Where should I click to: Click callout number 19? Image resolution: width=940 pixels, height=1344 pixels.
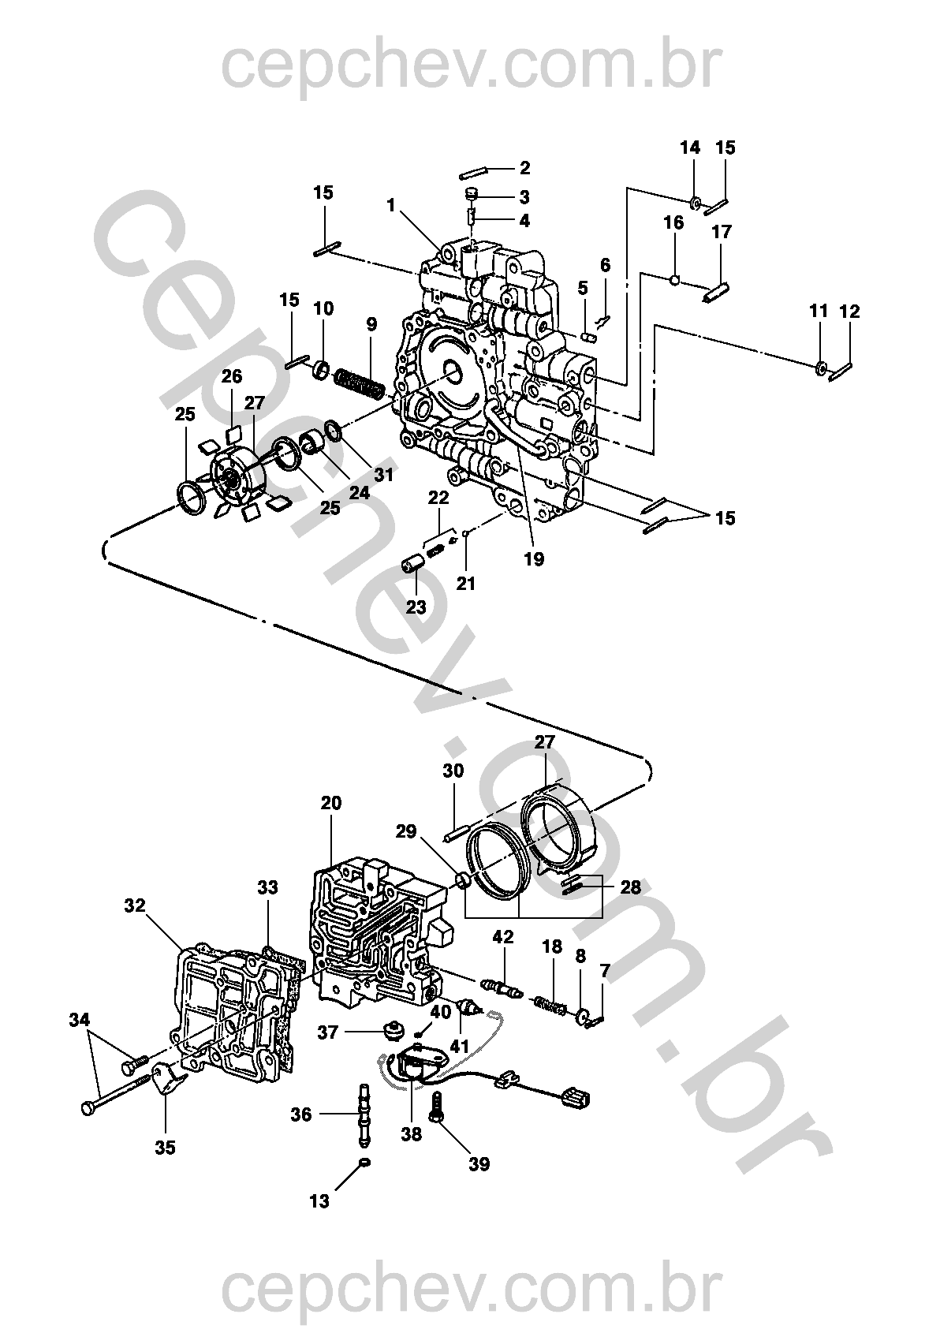pyautogui.click(x=534, y=559)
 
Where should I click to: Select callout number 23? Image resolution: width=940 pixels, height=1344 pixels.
pyautogui.click(x=416, y=607)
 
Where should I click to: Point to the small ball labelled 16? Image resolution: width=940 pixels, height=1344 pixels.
pyautogui.click(x=674, y=278)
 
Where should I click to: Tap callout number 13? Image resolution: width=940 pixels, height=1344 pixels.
pyautogui.click(x=319, y=1201)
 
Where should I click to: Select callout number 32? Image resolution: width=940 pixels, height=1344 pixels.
pyautogui.click(x=136, y=905)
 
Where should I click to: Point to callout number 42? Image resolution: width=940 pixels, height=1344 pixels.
pyautogui.click(x=503, y=936)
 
